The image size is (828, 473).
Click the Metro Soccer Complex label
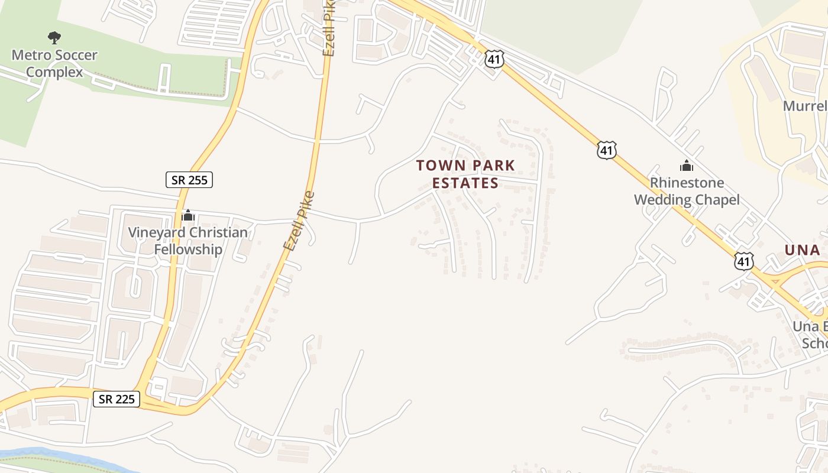[54, 64]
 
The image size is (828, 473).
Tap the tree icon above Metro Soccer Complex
[54, 38]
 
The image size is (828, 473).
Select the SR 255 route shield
[189, 180]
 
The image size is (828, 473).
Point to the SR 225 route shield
[117, 399]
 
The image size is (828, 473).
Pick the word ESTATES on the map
[465, 183]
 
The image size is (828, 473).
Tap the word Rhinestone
[687, 182]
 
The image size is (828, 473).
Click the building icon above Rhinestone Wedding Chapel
[686, 166]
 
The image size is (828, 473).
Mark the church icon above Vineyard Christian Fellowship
[188, 215]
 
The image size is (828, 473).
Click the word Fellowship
[188, 249]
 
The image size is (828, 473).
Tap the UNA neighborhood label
[802, 250]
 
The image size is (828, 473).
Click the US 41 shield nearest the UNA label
[744, 260]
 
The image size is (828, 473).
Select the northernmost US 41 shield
[494, 59]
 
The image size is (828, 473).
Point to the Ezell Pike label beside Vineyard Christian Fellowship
[298, 221]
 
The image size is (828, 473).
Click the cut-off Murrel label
[804, 106]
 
